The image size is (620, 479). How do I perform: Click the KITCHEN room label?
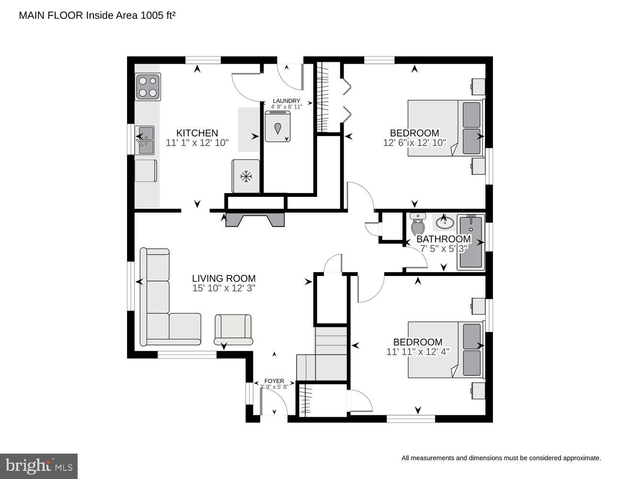[x=197, y=133]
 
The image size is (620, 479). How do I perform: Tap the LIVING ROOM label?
[x=224, y=278]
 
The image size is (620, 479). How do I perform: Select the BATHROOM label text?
[x=443, y=239]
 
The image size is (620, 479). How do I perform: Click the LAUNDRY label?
[x=286, y=101]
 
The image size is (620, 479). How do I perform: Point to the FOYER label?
[x=274, y=381]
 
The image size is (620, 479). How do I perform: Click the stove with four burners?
[x=148, y=87]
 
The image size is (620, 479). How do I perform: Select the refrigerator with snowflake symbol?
[x=246, y=176]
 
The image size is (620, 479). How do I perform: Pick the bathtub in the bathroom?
[x=471, y=242]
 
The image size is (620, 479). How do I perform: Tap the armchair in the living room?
[x=233, y=330]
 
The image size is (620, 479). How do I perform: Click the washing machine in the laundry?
[x=277, y=127]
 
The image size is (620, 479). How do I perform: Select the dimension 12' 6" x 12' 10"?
[x=414, y=142]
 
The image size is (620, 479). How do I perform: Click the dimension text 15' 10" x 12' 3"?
[x=224, y=288]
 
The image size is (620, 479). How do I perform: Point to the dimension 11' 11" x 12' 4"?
[x=417, y=352]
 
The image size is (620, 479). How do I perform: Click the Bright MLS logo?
[x=39, y=466]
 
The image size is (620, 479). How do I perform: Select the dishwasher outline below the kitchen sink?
[x=146, y=171]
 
